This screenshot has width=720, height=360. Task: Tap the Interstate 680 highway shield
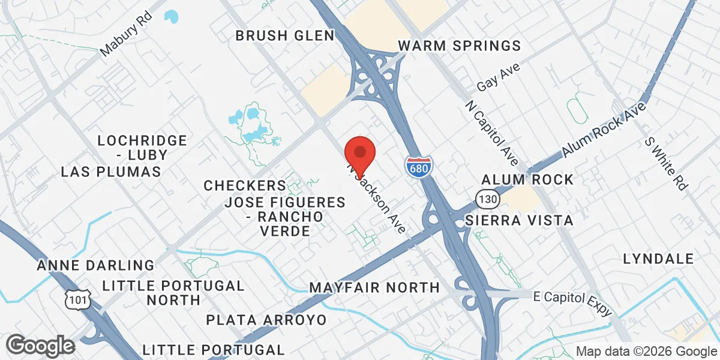pyautogui.click(x=418, y=166)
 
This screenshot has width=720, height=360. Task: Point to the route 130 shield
pyautogui.click(x=485, y=199)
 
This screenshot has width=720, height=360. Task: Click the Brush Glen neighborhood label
pyautogui.click(x=285, y=36)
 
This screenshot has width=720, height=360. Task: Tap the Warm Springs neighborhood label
pyautogui.click(x=460, y=46)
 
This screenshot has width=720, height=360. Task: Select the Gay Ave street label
pyautogui.click(x=499, y=77)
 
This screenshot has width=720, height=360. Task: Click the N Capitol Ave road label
pyautogui.click(x=491, y=133)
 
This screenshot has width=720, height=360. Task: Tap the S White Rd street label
pyautogui.click(x=665, y=163)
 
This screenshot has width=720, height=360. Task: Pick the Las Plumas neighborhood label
pyautogui.click(x=111, y=172)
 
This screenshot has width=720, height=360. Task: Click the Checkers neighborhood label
pyautogui.click(x=245, y=185)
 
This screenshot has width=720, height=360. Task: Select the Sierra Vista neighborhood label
pyautogui.click(x=520, y=221)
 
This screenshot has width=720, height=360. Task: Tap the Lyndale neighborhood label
pyautogui.click(x=658, y=259)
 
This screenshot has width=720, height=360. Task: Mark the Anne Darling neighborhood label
pyautogui.click(x=95, y=265)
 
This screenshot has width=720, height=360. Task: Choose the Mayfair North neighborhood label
pyautogui.click(x=374, y=288)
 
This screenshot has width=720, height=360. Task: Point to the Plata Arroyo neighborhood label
pyautogui.click(x=266, y=320)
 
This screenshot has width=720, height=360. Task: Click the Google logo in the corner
pyautogui.click(x=40, y=346)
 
